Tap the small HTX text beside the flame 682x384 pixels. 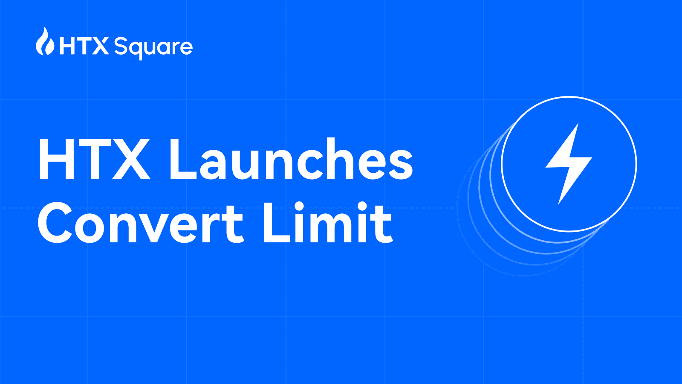point(84,46)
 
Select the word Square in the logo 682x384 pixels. point(153,47)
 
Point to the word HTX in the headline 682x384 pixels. point(94,159)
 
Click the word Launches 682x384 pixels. point(291,159)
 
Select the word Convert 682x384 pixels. point(141,223)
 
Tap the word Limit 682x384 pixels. point(327,223)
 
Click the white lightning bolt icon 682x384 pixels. point(569,164)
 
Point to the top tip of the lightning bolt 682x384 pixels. point(578,124)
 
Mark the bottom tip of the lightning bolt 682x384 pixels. point(559,204)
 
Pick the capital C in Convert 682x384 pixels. point(55,223)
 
